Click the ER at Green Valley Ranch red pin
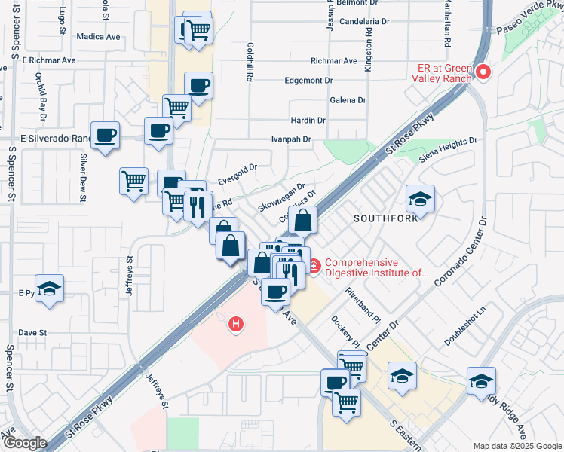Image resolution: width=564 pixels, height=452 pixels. [x=483, y=73]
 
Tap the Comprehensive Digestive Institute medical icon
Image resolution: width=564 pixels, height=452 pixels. [x=313, y=266]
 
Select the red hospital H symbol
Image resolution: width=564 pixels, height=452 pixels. [x=237, y=325]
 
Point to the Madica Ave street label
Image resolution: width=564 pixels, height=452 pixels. [x=98, y=36]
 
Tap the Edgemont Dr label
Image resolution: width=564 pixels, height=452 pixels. [x=308, y=80]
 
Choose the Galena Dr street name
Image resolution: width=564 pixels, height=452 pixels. [x=348, y=99]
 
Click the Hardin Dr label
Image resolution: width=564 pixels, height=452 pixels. [x=308, y=120]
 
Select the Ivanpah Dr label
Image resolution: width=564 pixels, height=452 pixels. [x=291, y=139]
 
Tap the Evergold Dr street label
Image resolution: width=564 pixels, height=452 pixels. [x=238, y=175]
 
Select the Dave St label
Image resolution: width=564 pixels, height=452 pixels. [x=32, y=332]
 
